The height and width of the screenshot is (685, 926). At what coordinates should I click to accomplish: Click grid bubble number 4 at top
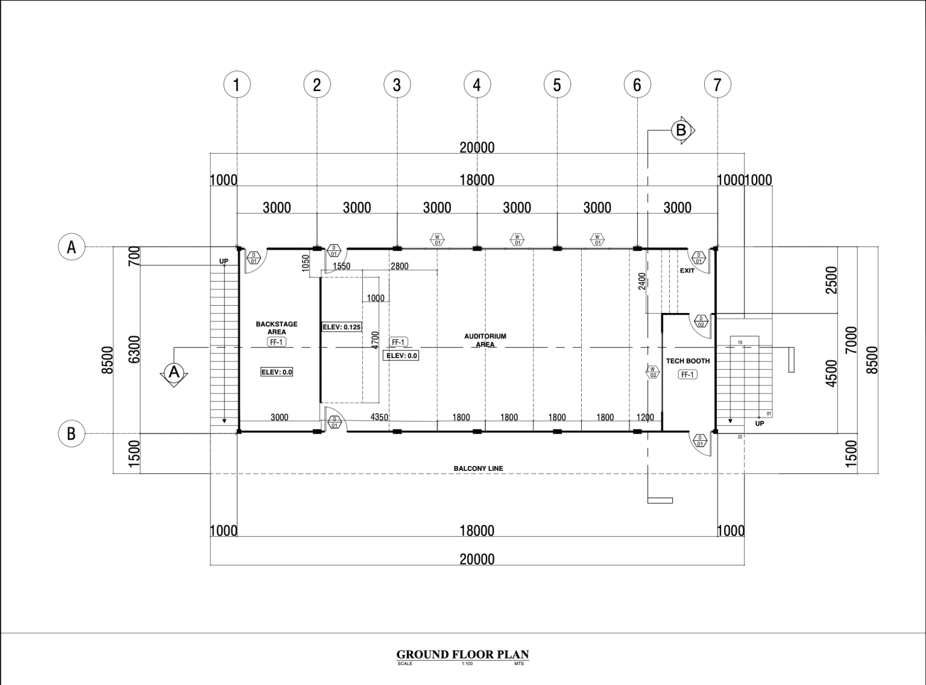point(477,85)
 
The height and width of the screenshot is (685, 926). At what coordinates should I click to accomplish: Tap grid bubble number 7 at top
point(717,85)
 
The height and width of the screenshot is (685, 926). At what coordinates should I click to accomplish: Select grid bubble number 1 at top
point(237,85)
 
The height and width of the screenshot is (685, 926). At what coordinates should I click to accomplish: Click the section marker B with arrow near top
point(681,130)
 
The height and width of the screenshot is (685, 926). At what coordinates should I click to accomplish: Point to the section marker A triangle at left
point(174,372)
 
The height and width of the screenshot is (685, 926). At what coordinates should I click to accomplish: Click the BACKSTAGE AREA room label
point(277,328)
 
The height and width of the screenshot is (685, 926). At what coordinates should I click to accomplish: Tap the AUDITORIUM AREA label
point(485,340)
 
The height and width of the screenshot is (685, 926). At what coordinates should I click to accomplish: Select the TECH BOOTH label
point(688,361)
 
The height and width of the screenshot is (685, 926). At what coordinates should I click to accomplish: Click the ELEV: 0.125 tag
point(342,327)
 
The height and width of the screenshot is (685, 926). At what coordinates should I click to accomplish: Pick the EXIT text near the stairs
point(687,271)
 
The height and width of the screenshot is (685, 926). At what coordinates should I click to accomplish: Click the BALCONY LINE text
point(478,469)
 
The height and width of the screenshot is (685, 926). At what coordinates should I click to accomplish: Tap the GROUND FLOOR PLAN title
point(462,654)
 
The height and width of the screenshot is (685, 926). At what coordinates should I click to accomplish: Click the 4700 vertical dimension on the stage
point(376,339)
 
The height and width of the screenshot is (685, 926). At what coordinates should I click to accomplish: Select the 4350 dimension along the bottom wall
point(379,417)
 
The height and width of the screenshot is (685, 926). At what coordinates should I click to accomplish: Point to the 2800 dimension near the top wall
point(400,266)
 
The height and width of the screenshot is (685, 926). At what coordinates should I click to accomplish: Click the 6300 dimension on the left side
point(134,349)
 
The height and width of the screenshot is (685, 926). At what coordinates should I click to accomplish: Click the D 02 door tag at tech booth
point(701,321)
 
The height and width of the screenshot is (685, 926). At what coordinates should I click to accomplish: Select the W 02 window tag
point(653,372)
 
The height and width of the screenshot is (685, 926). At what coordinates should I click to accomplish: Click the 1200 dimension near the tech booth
point(645,417)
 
